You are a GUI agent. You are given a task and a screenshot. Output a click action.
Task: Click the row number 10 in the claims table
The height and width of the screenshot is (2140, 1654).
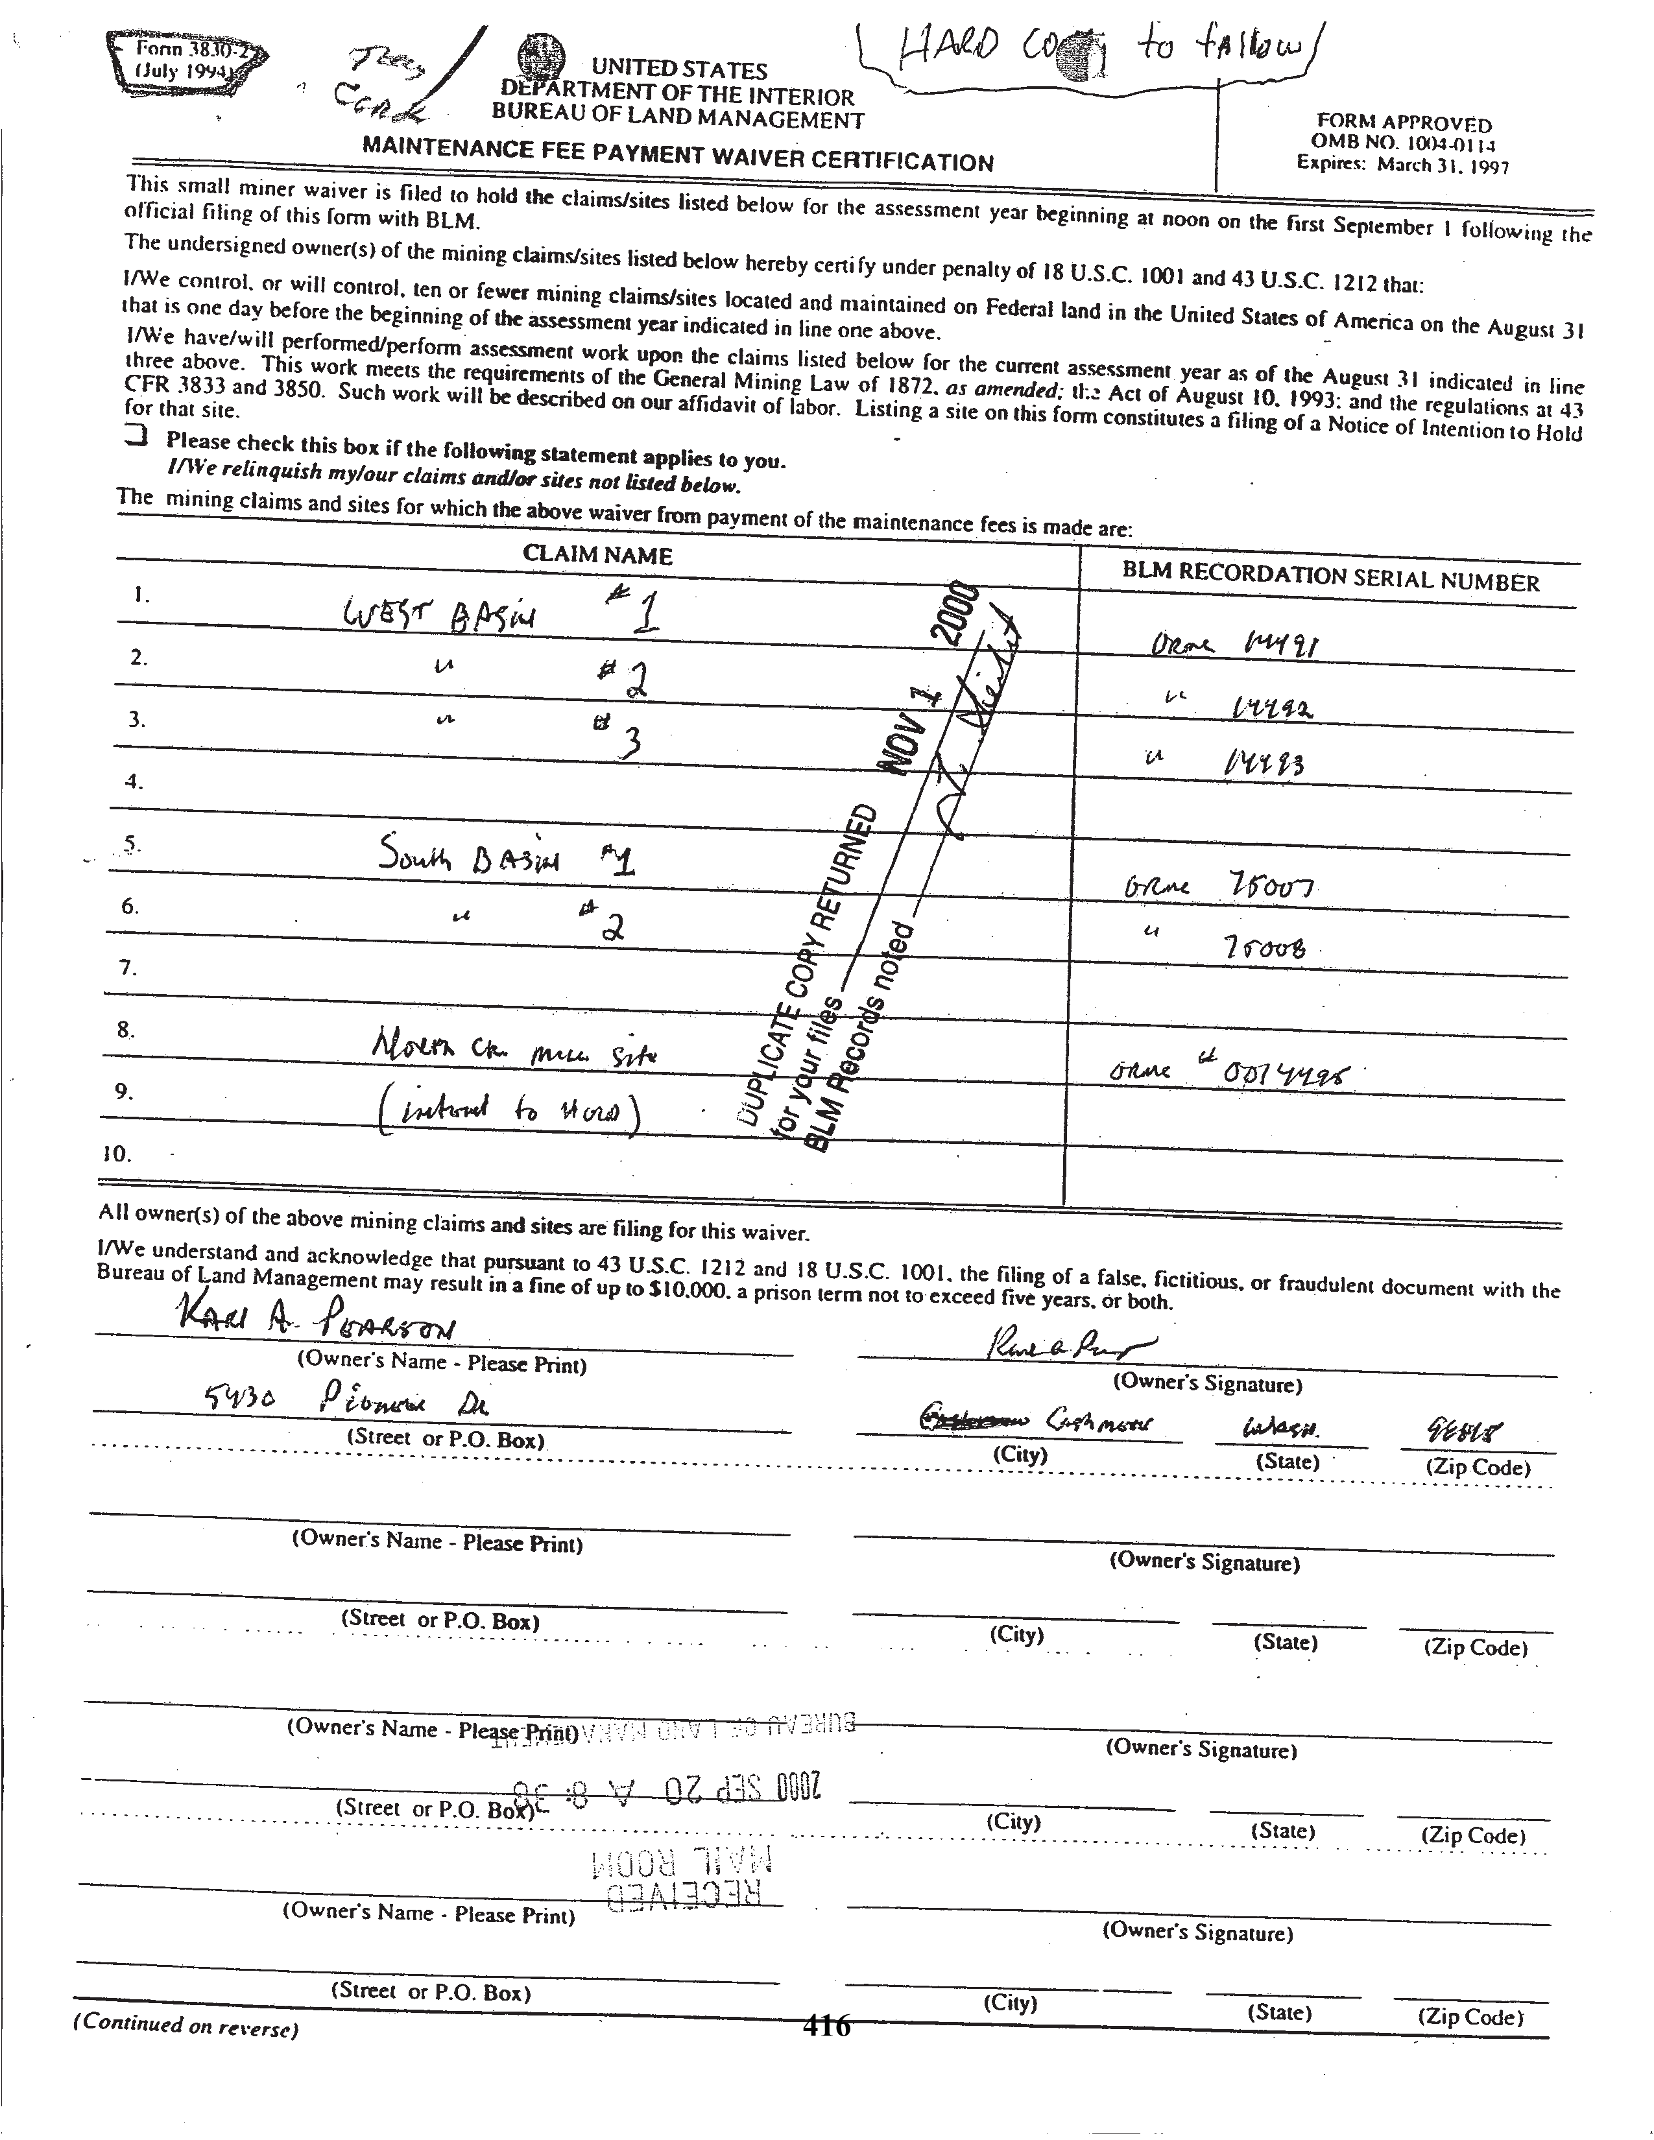[x=117, y=1153]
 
